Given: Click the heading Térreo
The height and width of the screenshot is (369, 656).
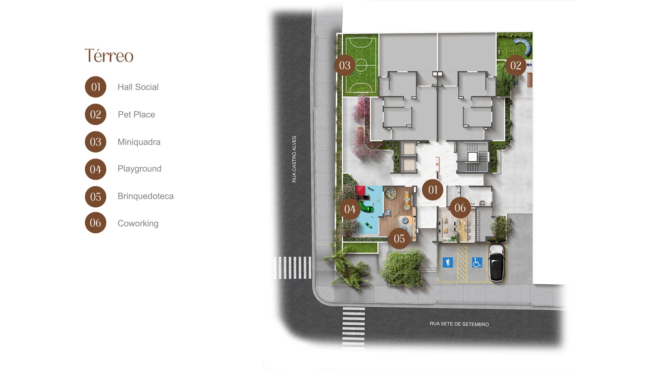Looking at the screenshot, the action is [x=109, y=56].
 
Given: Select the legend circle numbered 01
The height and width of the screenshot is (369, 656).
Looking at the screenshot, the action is [x=96, y=87].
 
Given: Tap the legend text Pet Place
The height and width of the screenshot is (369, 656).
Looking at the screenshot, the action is [x=136, y=115].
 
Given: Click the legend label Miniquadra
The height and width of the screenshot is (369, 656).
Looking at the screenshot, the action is [x=139, y=142].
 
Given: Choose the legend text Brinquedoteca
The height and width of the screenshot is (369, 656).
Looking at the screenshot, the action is [x=145, y=196].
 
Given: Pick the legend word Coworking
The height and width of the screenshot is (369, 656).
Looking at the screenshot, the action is [x=138, y=224].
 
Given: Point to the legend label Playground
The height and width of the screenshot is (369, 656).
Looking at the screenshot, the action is [x=140, y=169].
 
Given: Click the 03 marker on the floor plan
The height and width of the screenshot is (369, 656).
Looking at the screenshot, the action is [x=345, y=65].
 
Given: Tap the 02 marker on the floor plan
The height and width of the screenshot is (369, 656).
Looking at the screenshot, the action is [x=516, y=65].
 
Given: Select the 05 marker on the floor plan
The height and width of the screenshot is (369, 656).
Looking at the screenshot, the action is [x=399, y=239].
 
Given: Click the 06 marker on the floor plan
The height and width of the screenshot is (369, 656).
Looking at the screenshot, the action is [x=460, y=208].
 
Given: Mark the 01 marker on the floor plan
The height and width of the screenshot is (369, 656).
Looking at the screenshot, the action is [x=433, y=190].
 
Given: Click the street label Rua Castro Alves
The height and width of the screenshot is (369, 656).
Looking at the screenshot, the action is [x=294, y=159].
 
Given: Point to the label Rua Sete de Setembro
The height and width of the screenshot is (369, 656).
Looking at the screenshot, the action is [x=459, y=324].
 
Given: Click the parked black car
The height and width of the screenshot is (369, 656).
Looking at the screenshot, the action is [x=497, y=263].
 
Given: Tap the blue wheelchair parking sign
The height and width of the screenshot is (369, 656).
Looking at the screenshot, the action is [x=477, y=262].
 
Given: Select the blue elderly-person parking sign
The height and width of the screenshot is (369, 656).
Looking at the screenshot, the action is [x=448, y=262].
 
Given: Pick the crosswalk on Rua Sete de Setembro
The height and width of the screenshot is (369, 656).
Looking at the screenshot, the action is [x=354, y=328].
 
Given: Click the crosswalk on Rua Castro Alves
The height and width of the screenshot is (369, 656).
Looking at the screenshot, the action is [x=293, y=268].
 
